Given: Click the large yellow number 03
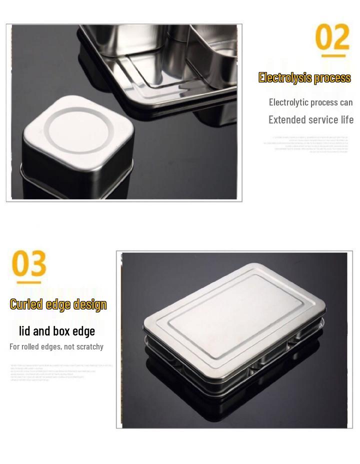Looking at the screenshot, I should pyautogui.click(x=29, y=264).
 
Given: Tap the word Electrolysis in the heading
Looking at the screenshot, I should pyautogui.click(x=284, y=78).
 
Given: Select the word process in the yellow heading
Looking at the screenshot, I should pyautogui.click(x=332, y=78).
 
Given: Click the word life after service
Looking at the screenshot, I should pyautogui.click(x=345, y=120).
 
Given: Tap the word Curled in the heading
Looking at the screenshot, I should pyautogui.click(x=26, y=304).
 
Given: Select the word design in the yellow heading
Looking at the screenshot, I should pyautogui.click(x=90, y=304).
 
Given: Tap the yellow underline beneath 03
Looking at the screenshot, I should pyautogui.click(x=28, y=282).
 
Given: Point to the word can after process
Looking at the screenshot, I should pyautogui.click(x=346, y=102).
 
